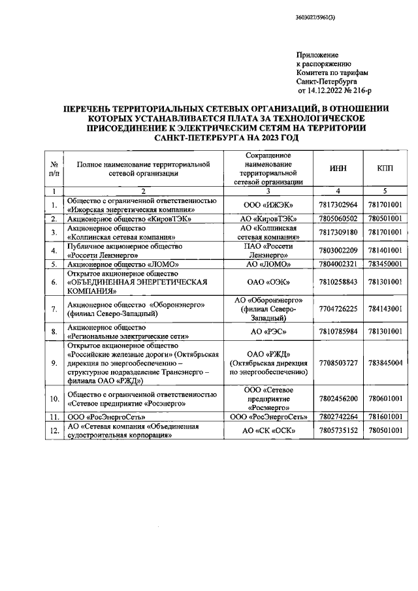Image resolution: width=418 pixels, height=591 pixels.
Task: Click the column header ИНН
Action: pos(338,168)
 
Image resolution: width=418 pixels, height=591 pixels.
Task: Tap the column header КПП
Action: pos(384,168)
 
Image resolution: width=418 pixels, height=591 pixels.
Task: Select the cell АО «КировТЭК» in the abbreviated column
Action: pos(269,218)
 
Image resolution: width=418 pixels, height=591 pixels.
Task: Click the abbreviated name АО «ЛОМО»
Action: pos(269,264)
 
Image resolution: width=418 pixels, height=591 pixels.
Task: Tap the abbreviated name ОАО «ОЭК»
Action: pos(269,282)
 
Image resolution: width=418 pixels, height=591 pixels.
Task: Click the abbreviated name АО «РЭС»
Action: pos(269,332)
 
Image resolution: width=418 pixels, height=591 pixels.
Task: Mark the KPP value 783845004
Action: pos(384,362)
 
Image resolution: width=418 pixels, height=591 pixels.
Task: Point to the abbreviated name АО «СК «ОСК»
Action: pos(269,430)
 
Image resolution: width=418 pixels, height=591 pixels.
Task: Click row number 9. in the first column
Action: pos(54,362)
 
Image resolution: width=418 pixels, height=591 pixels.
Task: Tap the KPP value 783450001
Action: pos(384,264)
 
